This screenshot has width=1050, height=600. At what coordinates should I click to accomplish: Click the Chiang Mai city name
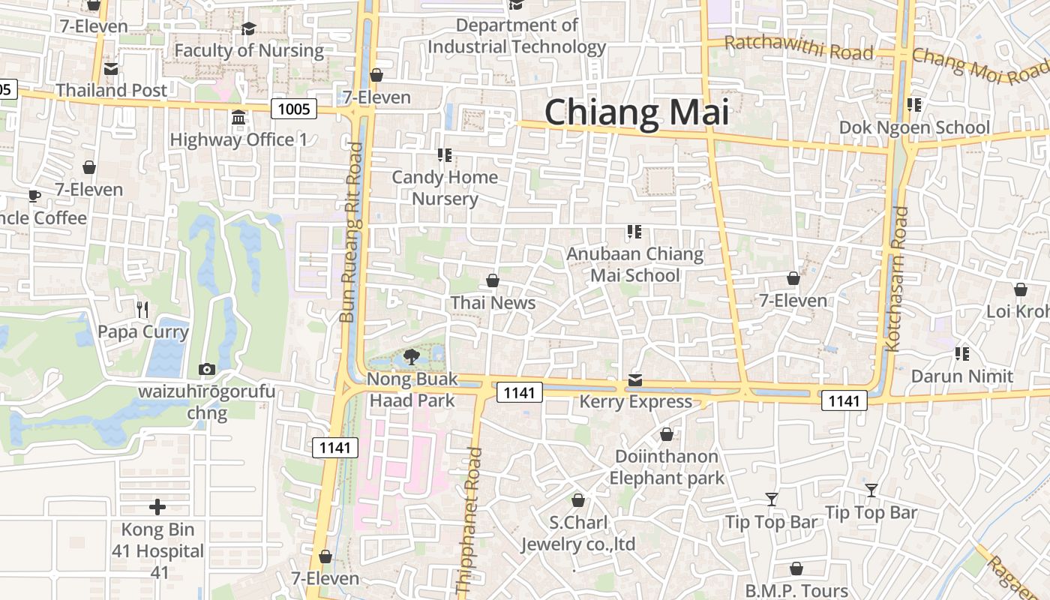pyautogui.click(x=636, y=112)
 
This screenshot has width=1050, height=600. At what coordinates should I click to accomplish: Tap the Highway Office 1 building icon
pyautogui.click(x=238, y=118)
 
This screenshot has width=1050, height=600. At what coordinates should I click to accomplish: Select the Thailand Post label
pyautogui.click(x=112, y=90)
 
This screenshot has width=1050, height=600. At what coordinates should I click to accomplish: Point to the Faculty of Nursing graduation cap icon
pyautogui.click(x=248, y=28)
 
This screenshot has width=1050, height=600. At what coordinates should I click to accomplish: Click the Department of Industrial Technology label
pyautogui.click(x=517, y=36)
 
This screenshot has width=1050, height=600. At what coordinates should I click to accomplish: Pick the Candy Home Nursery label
pyautogui.click(x=445, y=187)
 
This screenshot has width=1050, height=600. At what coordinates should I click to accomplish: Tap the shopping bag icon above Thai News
pyautogui.click(x=493, y=280)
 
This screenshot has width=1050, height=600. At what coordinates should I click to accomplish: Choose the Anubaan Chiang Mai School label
pyautogui.click(x=634, y=264)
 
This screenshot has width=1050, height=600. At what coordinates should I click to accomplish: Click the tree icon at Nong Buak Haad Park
pyautogui.click(x=411, y=357)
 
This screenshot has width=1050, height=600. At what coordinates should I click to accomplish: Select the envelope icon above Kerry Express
pyautogui.click(x=635, y=380)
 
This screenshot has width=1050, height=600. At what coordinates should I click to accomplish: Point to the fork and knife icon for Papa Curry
pyautogui.click(x=142, y=309)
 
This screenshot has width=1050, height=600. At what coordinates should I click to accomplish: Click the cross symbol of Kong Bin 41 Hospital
pyautogui.click(x=157, y=508)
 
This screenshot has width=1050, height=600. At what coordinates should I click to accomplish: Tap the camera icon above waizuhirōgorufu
pyautogui.click(x=206, y=369)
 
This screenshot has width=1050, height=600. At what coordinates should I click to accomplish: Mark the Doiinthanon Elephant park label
pyautogui.click(x=667, y=466)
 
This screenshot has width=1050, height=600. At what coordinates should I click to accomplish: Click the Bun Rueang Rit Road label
pyautogui.click(x=350, y=232)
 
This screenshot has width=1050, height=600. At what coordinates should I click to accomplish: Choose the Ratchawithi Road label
pyautogui.click(x=799, y=47)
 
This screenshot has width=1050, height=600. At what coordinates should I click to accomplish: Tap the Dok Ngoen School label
pyautogui.click(x=914, y=127)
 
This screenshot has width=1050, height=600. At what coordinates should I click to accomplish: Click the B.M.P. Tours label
pyautogui.click(x=796, y=591)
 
